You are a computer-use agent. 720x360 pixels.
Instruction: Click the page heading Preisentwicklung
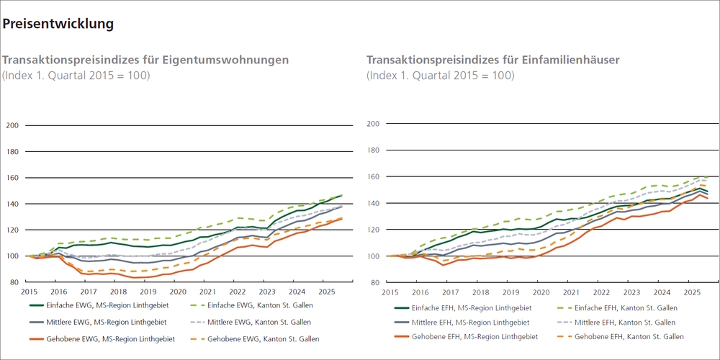pos(58,24)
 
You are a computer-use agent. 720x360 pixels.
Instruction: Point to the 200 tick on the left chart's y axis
pos(12,125)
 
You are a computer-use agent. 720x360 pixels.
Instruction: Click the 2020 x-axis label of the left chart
pos(178,292)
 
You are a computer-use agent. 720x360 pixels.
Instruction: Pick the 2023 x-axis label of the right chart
pos(631,293)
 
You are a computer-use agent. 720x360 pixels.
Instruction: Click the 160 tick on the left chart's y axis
pos(12,178)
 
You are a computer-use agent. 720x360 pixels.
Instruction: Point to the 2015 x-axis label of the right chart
pos(390,293)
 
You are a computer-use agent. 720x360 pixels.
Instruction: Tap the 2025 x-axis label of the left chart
pos(325,292)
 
